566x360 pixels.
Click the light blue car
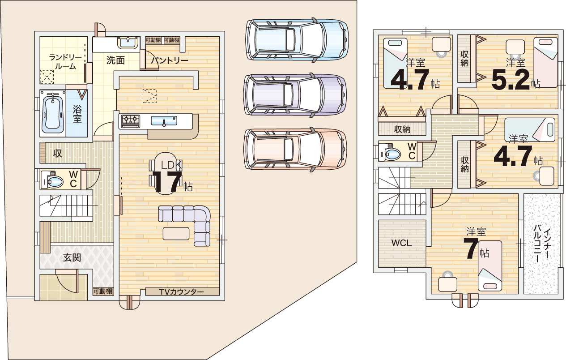point(297,40)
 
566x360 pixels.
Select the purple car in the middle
point(295,95)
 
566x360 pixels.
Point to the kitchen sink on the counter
point(164,121)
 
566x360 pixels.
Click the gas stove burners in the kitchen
point(130,121)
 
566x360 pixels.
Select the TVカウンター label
point(181,292)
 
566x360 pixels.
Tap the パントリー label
point(170,61)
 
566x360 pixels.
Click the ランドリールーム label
point(65,61)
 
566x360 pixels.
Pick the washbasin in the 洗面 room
point(128,42)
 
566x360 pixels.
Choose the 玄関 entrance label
point(72,257)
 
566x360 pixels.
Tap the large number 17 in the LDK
point(167,182)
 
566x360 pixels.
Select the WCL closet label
point(401,243)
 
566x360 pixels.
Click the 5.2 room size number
point(511,80)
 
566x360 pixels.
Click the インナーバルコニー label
point(541,245)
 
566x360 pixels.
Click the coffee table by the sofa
point(176,234)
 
